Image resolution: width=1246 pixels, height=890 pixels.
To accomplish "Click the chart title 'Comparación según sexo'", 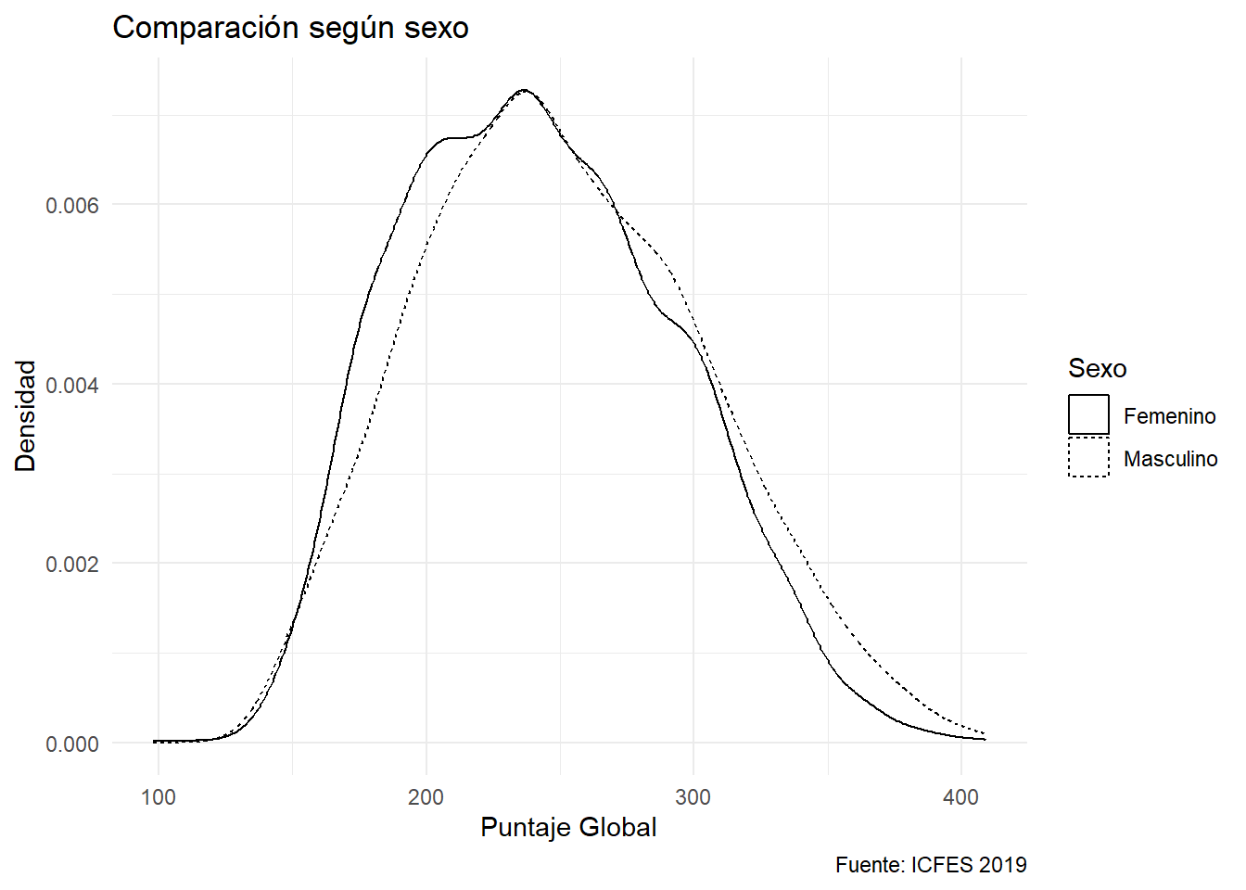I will pyautogui.click(x=290, y=28).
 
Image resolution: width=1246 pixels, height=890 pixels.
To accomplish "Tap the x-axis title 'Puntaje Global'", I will pyautogui.click(x=568, y=827).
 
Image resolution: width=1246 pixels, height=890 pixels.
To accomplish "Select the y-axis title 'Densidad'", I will pyautogui.click(x=26, y=416).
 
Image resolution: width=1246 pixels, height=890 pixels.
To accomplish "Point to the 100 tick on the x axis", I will pyautogui.click(x=158, y=797).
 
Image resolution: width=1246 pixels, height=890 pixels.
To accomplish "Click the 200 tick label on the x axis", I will pyautogui.click(x=426, y=797).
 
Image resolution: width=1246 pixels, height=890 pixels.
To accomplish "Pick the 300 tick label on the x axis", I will pyautogui.click(x=693, y=797).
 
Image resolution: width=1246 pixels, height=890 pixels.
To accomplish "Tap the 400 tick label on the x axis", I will pyautogui.click(x=960, y=797).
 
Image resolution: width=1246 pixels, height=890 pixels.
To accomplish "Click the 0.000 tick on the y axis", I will pyautogui.click(x=72, y=744).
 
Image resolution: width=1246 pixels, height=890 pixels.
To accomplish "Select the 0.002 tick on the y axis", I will pyautogui.click(x=72, y=564).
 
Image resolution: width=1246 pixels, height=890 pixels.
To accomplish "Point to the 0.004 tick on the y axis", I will pyautogui.click(x=72, y=385).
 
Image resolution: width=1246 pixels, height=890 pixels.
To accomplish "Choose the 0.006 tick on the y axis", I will pyautogui.click(x=72, y=205).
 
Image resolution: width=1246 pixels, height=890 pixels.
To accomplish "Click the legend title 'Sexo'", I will pyautogui.click(x=1097, y=368).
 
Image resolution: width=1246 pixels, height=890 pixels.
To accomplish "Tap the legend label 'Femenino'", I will pyautogui.click(x=1169, y=416).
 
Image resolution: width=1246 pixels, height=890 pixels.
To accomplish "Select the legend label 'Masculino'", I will pyautogui.click(x=1170, y=459).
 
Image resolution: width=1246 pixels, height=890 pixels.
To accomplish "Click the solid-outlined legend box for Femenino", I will pyautogui.click(x=1088, y=415).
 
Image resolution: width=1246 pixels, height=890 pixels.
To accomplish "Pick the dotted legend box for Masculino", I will pyautogui.click(x=1088, y=457).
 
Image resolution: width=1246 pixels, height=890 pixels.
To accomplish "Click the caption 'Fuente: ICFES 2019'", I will pyautogui.click(x=931, y=865).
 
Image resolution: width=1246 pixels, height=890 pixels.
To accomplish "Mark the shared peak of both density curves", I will pyautogui.click(x=524, y=91).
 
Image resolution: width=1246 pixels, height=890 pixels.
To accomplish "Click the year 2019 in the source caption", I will pyautogui.click(x=1001, y=865).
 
